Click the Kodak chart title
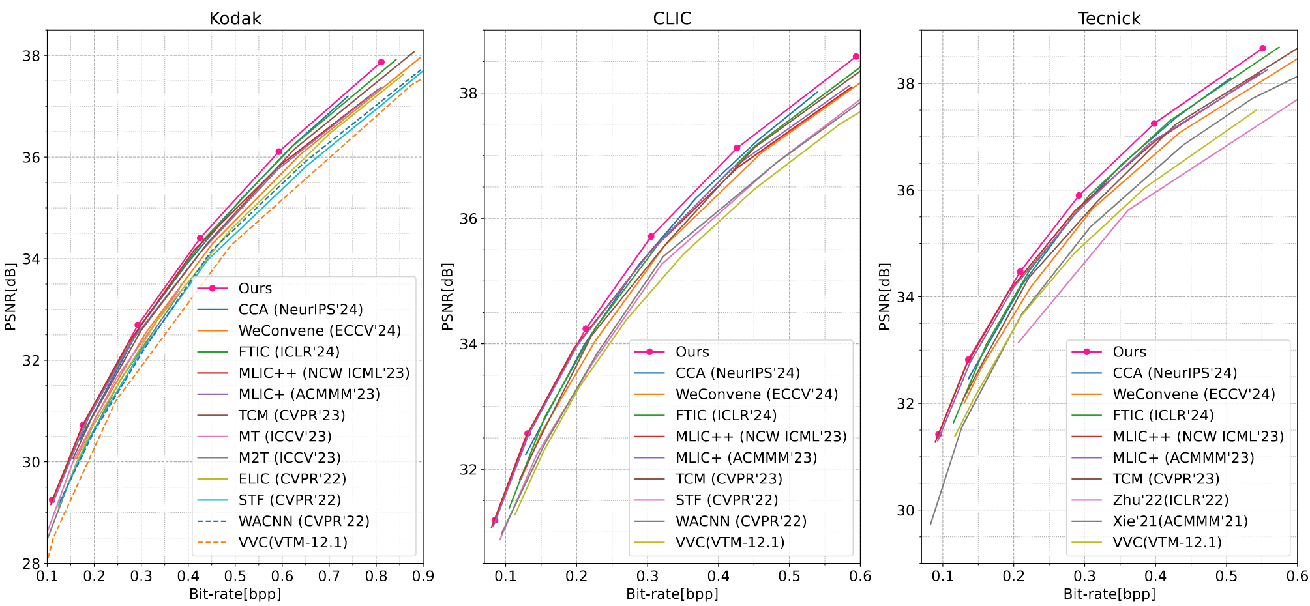[x=235, y=18]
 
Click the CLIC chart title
[x=672, y=18]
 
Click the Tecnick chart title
[x=1109, y=18]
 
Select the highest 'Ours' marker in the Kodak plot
[x=381, y=62]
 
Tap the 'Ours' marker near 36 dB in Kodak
[x=279, y=151]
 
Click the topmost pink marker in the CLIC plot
[x=856, y=57]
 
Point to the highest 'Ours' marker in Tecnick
[x=1262, y=48]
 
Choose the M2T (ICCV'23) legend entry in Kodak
[x=290, y=458]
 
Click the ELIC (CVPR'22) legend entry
[x=292, y=479]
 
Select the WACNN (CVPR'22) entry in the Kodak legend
[x=304, y=521]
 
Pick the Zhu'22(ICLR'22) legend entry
[x=1170, y=500]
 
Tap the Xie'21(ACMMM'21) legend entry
[x=1180, y=521]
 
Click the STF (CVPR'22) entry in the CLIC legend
[x=726, y=500]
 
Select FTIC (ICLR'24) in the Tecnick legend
[x=1163, y=416]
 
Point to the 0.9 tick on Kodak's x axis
[x=423, y=577]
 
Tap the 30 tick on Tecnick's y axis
[x=905, y=510]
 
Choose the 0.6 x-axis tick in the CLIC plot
[x=860, y=577]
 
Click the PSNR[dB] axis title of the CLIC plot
[x=447, y=296]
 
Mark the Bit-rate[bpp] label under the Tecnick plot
[x=1109, y=594]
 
